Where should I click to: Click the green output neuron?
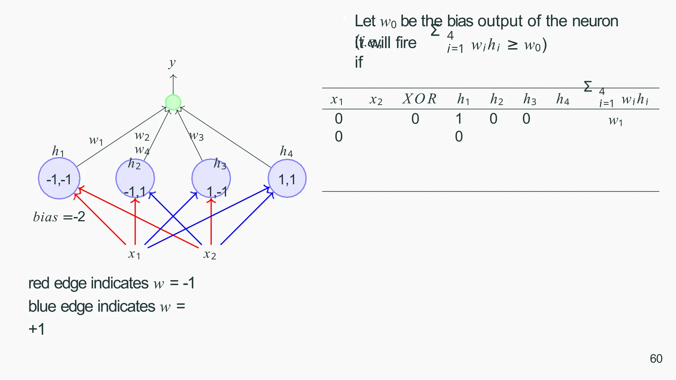(173, 102)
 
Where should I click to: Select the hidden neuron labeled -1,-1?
(59, 178)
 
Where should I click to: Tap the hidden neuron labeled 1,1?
(287, 178)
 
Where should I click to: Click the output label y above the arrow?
(172, 62)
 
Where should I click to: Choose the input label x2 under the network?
(210, 254)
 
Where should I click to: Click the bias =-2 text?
(59, 217)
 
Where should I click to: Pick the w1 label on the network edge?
(96, 141)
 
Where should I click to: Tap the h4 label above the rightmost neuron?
(286, 151)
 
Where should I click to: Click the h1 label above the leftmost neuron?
(58, 151)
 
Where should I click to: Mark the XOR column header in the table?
(420, 99)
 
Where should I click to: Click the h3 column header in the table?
(530, 99)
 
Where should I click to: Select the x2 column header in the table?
(376, 100)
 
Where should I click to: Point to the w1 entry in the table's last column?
(616, 121)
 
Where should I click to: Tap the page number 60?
(656, 359)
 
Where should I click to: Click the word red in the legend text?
(39, 283)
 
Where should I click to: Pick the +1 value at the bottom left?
(37, 329)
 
